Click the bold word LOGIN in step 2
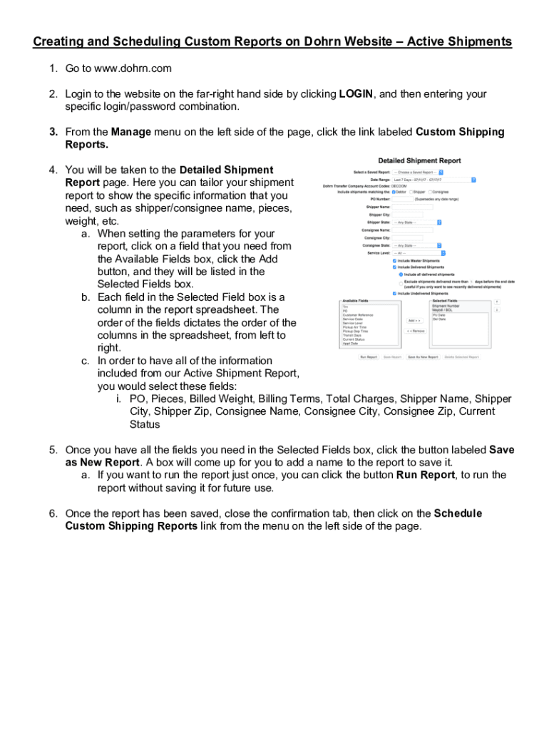pos(356,94)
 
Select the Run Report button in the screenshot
pos(369,356)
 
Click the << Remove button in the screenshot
pos(416,331)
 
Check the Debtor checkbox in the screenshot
pos(394,192)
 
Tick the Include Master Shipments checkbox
pos(395,261)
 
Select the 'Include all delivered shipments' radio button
pos(401,274)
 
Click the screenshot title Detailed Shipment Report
pos(419,160)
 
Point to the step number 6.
pos(53,513)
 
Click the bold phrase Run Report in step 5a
pos(425,475)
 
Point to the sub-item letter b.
pos(85,297)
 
